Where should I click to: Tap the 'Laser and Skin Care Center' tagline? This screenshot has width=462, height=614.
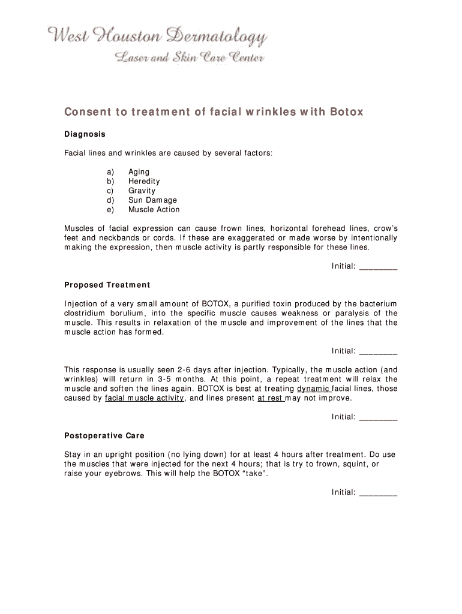188,58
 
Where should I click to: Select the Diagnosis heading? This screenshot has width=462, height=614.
85,134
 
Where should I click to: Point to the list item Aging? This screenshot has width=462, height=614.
139,171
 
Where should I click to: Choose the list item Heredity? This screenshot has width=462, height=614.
144,181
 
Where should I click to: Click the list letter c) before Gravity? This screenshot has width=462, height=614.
110,191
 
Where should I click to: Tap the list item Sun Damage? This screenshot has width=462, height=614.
152,200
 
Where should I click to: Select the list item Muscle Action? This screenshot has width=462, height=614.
154,210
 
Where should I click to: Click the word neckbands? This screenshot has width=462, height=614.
112,238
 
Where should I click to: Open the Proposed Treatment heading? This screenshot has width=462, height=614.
107,285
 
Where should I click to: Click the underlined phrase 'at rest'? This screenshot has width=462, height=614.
270,398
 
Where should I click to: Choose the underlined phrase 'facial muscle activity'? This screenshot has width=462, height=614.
144,398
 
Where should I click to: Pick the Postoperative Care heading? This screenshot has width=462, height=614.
104,435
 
